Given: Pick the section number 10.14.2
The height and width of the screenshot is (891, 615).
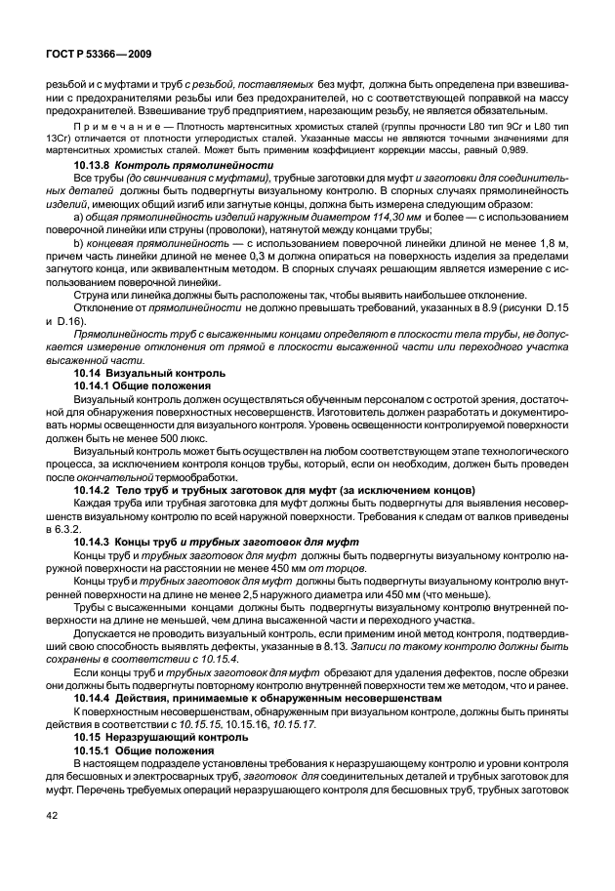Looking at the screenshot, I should (94, 488).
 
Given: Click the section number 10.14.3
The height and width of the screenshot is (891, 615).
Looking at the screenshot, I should (94, 540).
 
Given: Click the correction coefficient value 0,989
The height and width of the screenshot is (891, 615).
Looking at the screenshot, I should (529, 153).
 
